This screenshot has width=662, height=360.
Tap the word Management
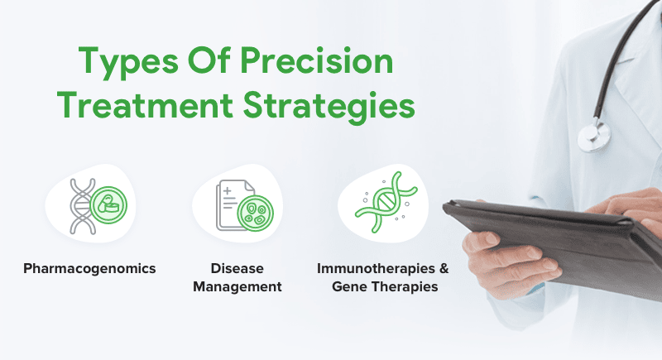coord(237,286)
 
